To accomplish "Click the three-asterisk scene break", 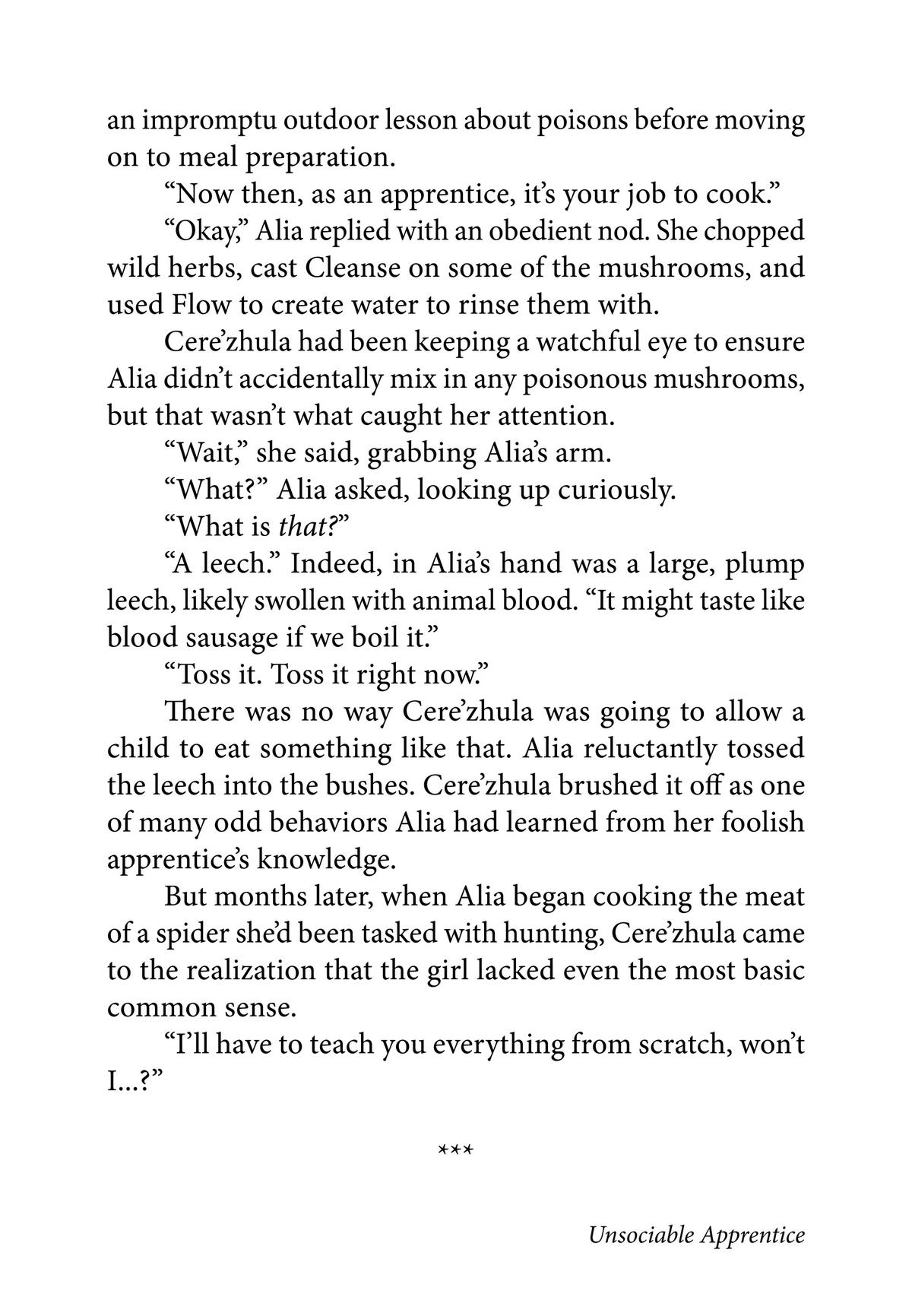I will coord(456,1150).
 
